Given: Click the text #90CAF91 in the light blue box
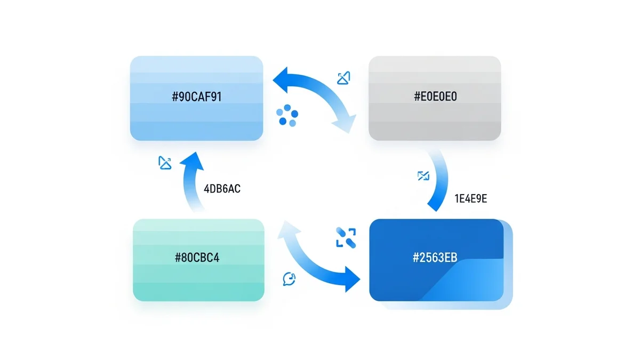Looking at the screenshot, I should point(196,98).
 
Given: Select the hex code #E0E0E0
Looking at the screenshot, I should point(435,97).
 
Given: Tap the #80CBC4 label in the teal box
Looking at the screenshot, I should point(197,258).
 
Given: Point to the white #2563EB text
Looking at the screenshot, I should point(435,258).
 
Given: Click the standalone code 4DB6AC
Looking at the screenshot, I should point(222,189).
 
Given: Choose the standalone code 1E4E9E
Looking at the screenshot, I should point(471,199).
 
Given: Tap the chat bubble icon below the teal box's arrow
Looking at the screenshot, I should point(289,278).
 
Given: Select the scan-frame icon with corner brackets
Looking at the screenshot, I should point(346,237).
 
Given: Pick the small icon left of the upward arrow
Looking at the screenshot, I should point(165,163).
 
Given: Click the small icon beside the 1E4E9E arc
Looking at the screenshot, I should point(423,175).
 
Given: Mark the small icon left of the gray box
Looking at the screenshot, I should point(344,78).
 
